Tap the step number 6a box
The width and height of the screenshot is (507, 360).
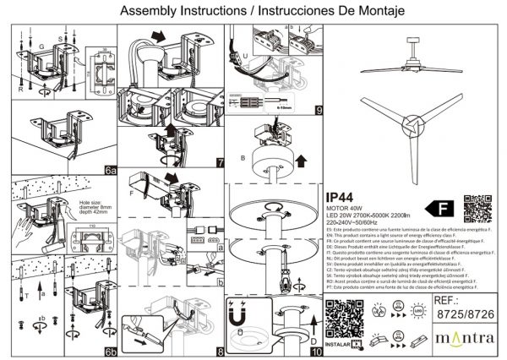point(110,169)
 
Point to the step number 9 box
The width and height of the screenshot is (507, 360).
point(318,110)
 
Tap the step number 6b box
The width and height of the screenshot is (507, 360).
point(110,350)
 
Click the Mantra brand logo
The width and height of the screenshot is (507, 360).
point(463,341)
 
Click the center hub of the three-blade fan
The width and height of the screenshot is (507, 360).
point(412,125)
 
